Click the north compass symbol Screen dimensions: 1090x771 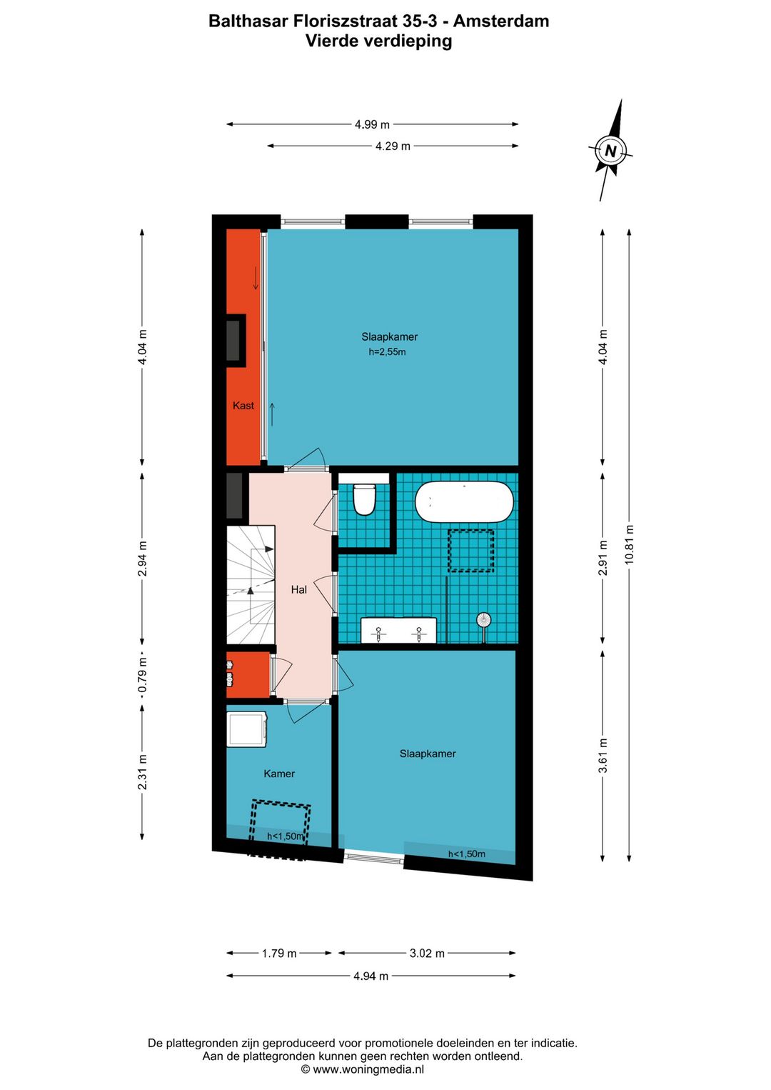click(x=610, y=151)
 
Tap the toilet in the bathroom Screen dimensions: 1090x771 click(x=364, y=498)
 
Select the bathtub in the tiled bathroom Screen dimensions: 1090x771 click(x=464, y=501)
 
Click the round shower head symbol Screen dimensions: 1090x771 click(x=484, y=620)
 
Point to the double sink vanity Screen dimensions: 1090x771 click(x=398, y=631)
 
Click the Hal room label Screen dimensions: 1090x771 click(x=298, y=589)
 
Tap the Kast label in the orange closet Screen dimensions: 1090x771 click(x=243, y=406)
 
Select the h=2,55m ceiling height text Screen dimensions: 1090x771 click(x=387, y=352)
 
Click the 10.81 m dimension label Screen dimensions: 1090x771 click(x=629, y=544)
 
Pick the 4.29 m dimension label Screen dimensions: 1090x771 click(x=393, y=146)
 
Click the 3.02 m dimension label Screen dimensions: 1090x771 click(x=427, y=954)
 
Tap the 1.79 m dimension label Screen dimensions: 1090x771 click(x=278, y=954)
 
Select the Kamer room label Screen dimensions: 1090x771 click(x=278, y=774)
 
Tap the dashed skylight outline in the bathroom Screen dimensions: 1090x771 click(x=470, y=551)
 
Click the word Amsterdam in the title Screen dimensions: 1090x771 click(x=501, y=21)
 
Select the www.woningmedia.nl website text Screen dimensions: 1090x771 click(x=368, y=1069)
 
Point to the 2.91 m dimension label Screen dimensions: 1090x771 click(x=603, y=558)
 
